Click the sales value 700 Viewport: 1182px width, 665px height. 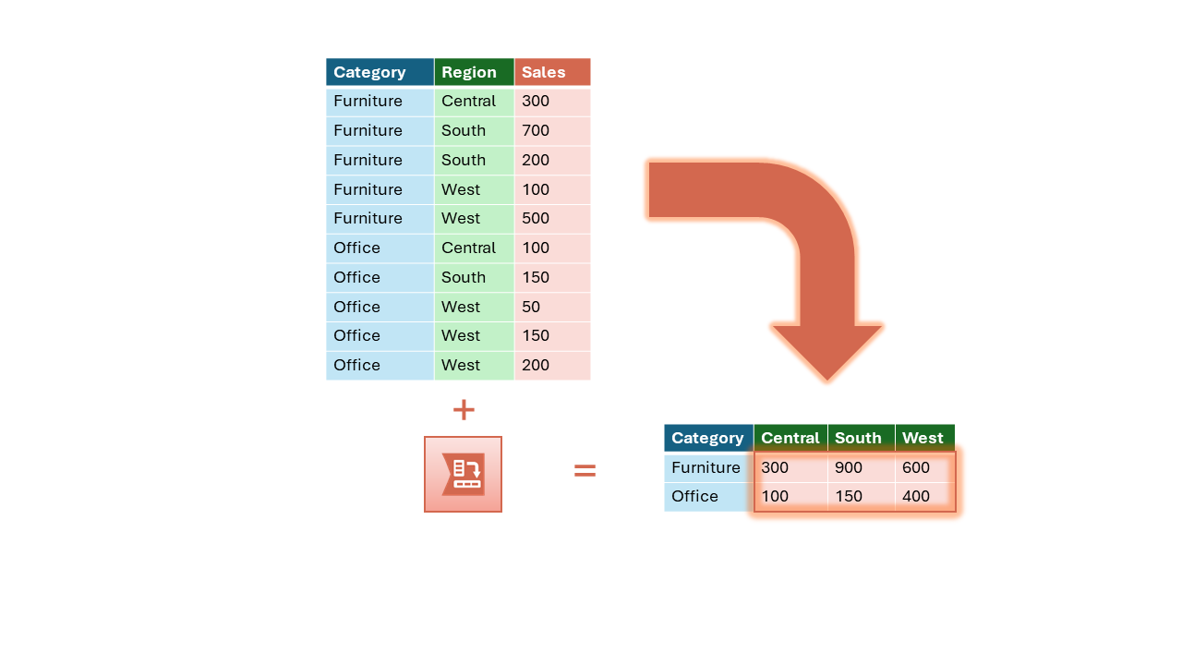click(536, 130)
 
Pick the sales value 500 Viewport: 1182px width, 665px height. click(536, 218)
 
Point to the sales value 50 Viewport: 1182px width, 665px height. click(531, 307)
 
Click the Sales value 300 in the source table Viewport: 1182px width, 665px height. click(536, 101)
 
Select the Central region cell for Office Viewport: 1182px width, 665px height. click(468, 248)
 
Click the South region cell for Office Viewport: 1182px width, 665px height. click(464, 277)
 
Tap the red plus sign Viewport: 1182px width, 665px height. click(464, 410)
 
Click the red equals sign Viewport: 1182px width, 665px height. click(585, 470)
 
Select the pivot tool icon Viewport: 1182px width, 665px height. click(463, 474)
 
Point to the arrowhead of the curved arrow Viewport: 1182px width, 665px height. click(826, 380)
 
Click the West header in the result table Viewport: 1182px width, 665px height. click(923, 438)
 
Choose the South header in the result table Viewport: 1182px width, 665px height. click(858, 438)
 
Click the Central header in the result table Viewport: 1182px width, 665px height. click(790, 438)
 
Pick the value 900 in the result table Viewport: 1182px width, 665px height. click(849, 467)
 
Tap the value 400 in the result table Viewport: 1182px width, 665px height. click(915, 496)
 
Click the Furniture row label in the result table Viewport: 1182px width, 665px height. click(706, 467)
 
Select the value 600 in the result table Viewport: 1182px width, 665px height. click(915, 467)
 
